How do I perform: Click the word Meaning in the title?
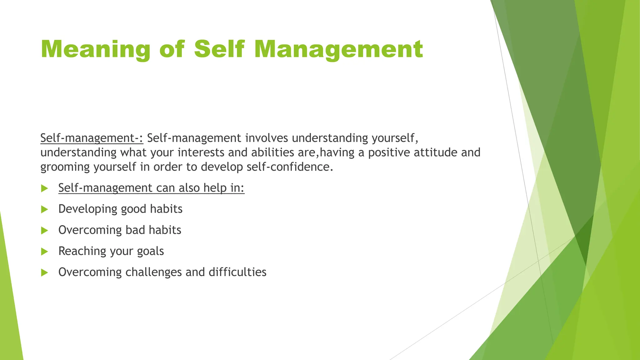click(x=96, y=49)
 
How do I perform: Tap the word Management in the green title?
click(x=338, y=49)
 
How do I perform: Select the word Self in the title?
click(x=219, y=49)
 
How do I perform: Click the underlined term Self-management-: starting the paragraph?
click(x=92, y=138)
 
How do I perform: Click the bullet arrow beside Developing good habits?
click(x=45, y=209)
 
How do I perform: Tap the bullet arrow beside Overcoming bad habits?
click(x=45, y=231)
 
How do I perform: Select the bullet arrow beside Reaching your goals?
click(x=45, y=252)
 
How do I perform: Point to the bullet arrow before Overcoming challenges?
click(x=45, y=272)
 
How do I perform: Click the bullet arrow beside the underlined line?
click(x=45, y=188)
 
